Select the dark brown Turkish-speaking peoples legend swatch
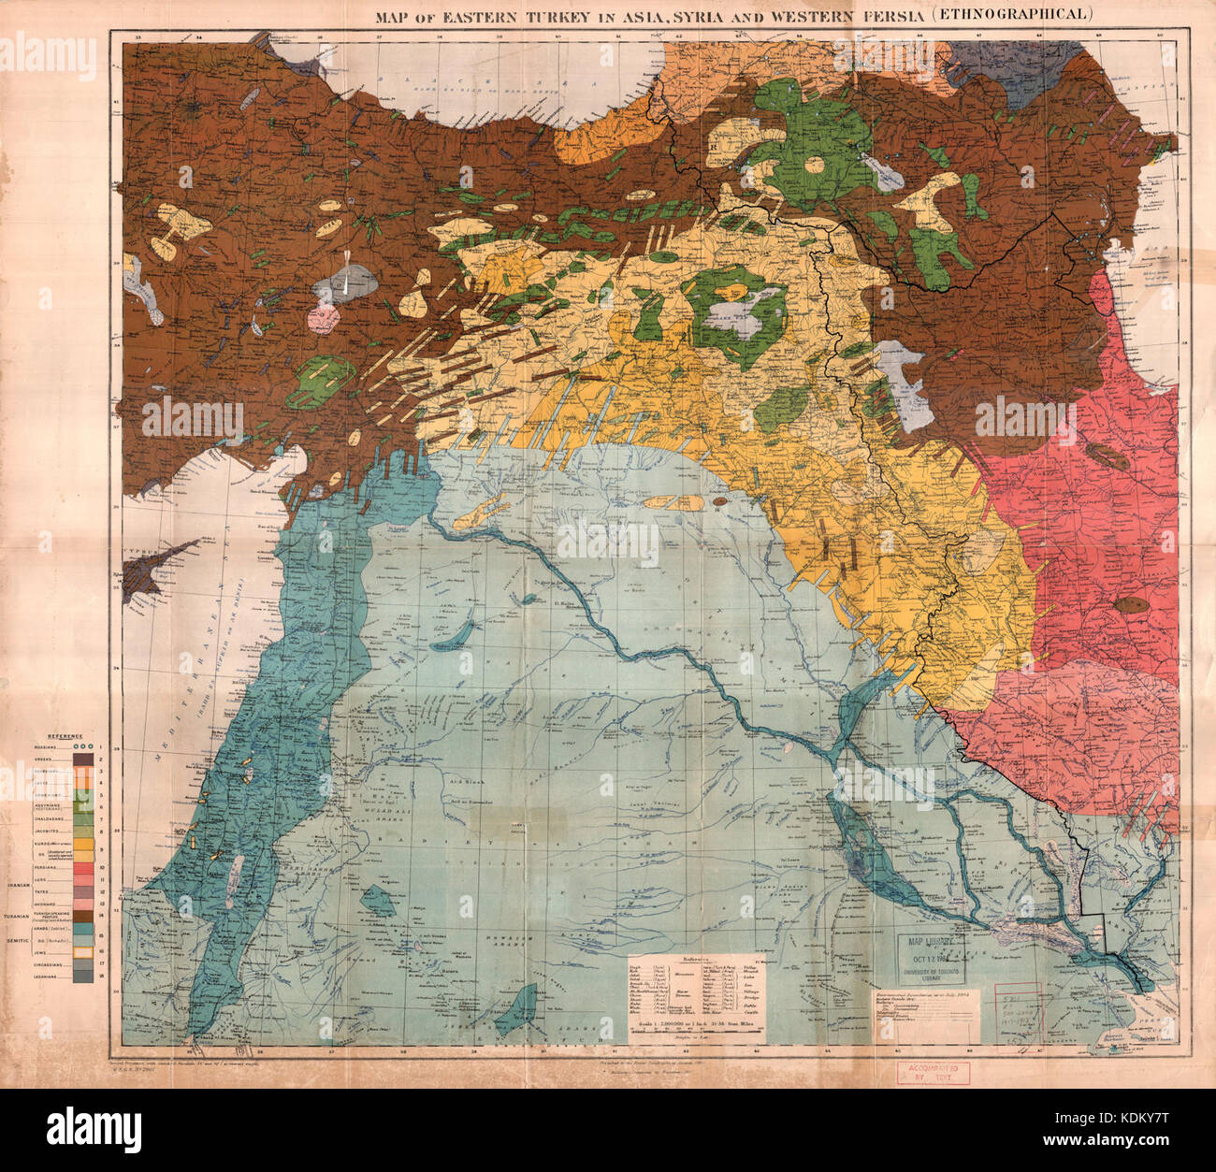(80, 914)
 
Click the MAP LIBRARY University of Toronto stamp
(932, 962)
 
